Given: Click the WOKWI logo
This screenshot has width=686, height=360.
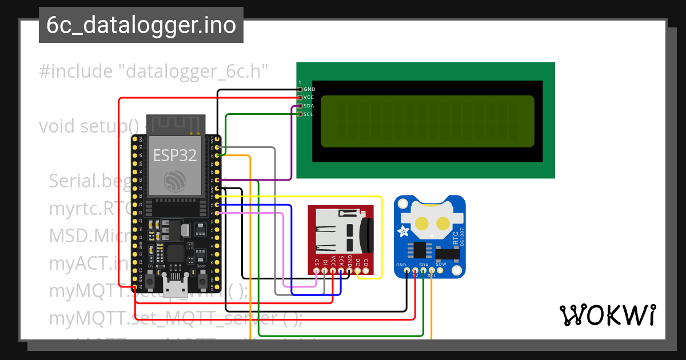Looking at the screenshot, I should [x=607, y=315].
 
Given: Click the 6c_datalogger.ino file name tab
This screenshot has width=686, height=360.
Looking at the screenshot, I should [x=141, y=26].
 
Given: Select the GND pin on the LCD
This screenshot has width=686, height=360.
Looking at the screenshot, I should [x=300, y=89].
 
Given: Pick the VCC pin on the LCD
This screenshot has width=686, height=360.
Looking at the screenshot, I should [x=300, y=98].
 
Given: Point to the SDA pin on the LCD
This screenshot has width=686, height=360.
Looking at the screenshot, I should [x=300, y=106].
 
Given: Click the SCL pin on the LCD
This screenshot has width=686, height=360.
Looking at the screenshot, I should [x=300, y=114].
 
